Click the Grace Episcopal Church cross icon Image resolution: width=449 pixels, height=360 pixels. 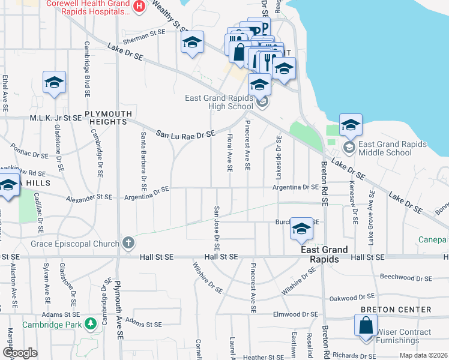[x=127, y=243]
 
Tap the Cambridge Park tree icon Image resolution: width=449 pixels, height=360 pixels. [x=91, y=324]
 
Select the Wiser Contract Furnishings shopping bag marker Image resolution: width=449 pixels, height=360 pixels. [x=366, y=326]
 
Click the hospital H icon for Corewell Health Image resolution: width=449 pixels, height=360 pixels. [x=139, y=7]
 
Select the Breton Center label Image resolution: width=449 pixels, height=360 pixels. [x=396, y=310]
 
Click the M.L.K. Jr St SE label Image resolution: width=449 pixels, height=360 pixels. [x=56, y=118]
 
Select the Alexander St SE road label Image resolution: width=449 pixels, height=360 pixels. [x=89, y=197]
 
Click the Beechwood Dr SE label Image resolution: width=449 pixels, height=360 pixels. [x=406, y=278]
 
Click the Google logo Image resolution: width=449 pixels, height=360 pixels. [x=20, y=353]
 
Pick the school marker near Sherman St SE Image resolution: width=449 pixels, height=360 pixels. [x=191, y=44]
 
